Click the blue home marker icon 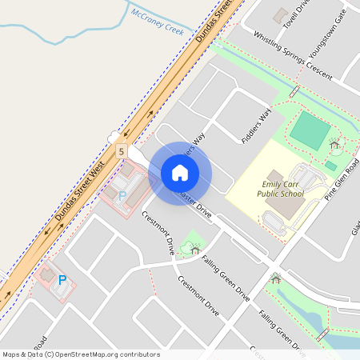[x=180, y=173]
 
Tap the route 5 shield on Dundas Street [x=121, y=150]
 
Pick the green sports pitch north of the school [x=310, y=129]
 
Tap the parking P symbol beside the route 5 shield [x=122, y=194]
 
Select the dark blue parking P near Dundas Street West [x=62, y=280]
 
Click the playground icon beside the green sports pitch [x=334, y=145]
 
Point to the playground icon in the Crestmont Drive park [x=195, y=250]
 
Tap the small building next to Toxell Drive [x=280, y=14]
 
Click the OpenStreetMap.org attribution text [x=120, y=354]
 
